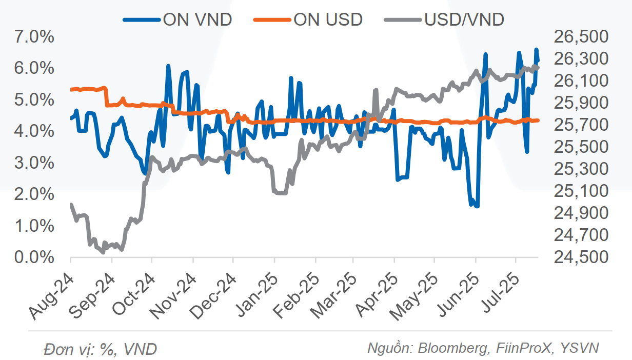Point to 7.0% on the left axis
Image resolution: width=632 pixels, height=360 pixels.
35,37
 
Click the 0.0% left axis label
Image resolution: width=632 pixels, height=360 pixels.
35,257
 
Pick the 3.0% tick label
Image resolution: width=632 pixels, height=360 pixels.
35,163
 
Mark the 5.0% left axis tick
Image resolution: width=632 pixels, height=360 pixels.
35,100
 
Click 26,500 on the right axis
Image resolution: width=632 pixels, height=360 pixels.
580,37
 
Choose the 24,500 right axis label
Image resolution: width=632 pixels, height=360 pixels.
580,257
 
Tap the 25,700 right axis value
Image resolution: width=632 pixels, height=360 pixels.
580,125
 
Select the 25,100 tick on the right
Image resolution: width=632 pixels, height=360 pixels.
580,191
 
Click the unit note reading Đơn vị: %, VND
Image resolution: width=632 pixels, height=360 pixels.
101,349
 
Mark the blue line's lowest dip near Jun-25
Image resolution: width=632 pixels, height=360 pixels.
477,206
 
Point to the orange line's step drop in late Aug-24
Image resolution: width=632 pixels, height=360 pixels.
106,97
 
